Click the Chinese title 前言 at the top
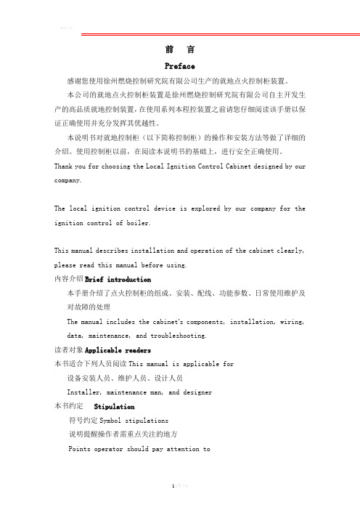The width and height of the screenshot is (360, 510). (x=179, y=49)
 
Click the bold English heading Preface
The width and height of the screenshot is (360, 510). (x=179, y=65)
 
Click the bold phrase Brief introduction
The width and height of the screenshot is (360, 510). (x=118, y=279)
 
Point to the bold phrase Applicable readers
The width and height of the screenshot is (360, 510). (x=117, y=349)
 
